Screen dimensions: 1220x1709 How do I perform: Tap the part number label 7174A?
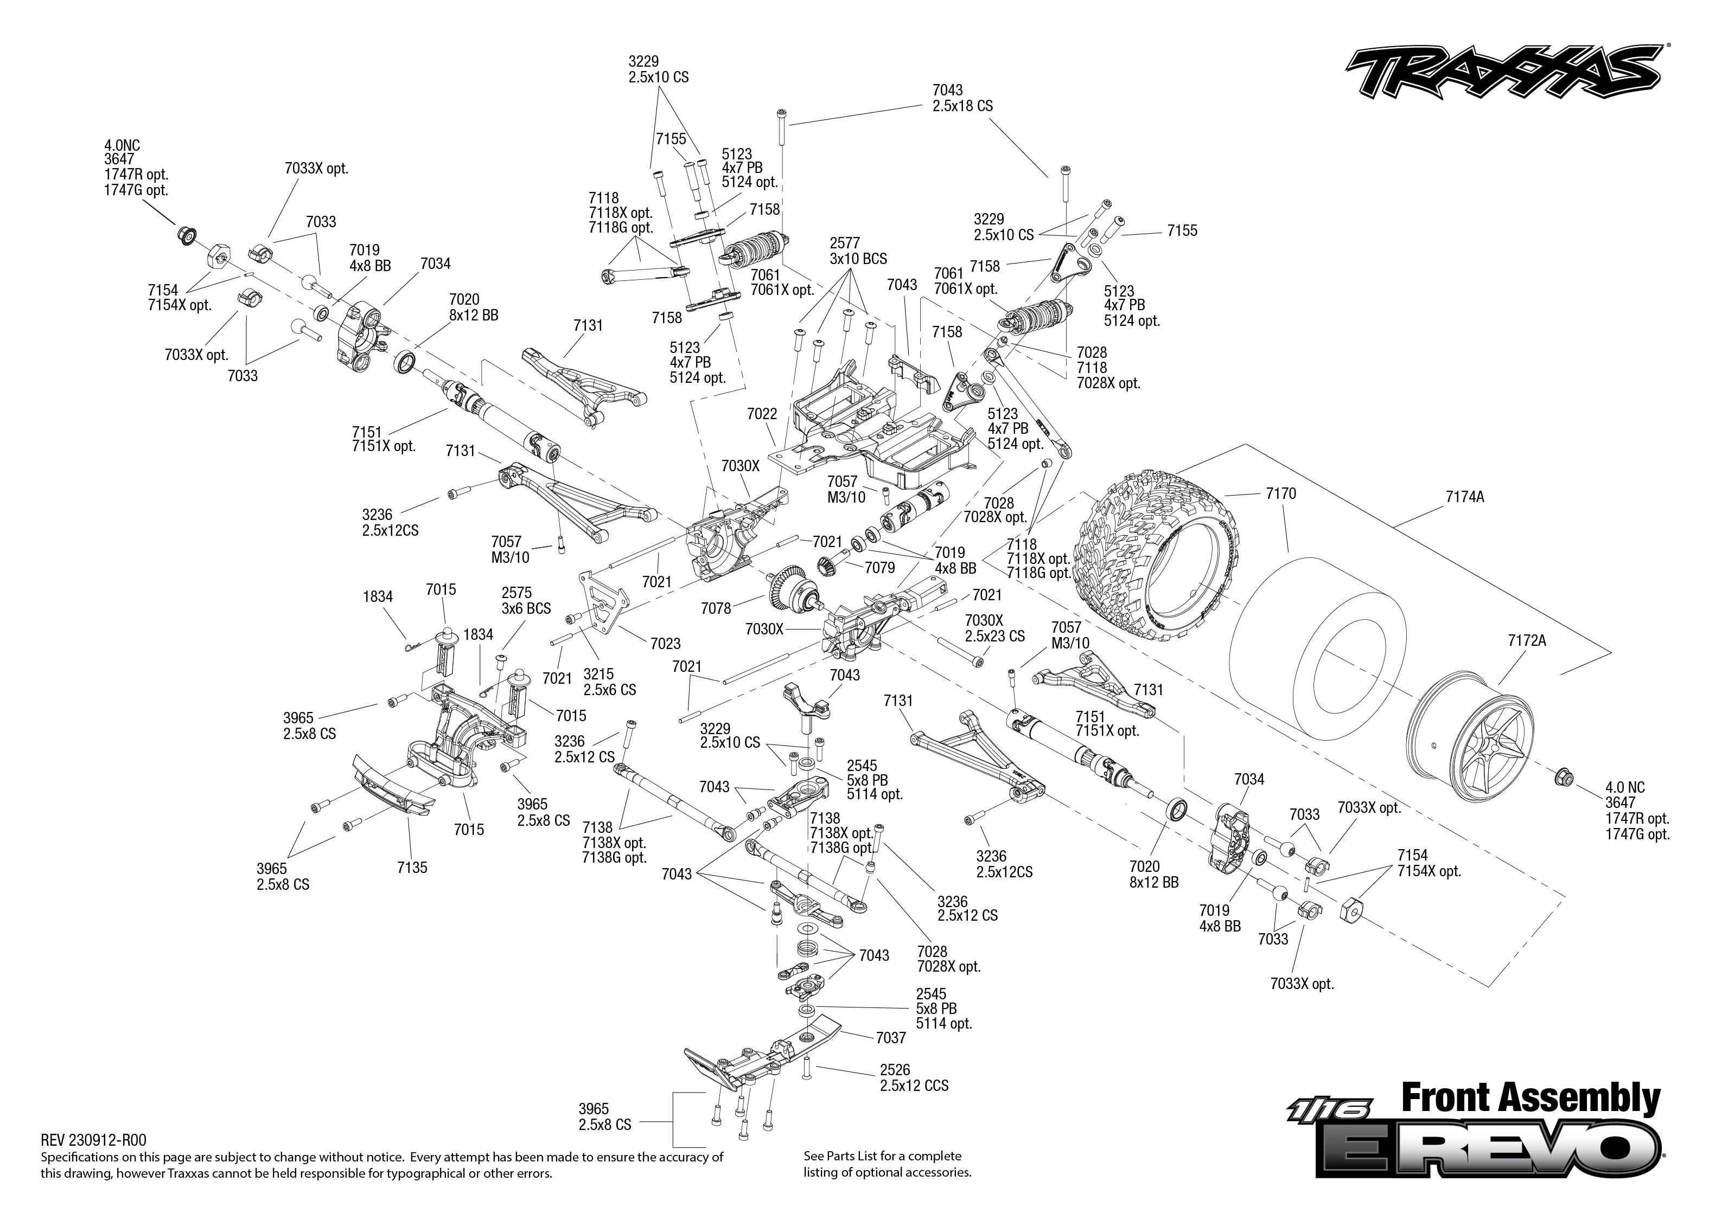coord(1464,497)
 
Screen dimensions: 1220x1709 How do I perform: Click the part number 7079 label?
coord(879,568)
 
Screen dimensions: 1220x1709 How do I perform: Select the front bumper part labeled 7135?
coord(394,786)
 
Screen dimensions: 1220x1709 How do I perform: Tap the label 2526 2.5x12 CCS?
coord(913,1078)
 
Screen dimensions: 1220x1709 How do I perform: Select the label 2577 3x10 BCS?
coord(858,251)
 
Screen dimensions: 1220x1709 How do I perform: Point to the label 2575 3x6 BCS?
coord(526,601)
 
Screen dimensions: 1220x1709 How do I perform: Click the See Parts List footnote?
coord(887,1164)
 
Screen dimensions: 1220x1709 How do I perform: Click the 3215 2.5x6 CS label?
coord(609,682)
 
